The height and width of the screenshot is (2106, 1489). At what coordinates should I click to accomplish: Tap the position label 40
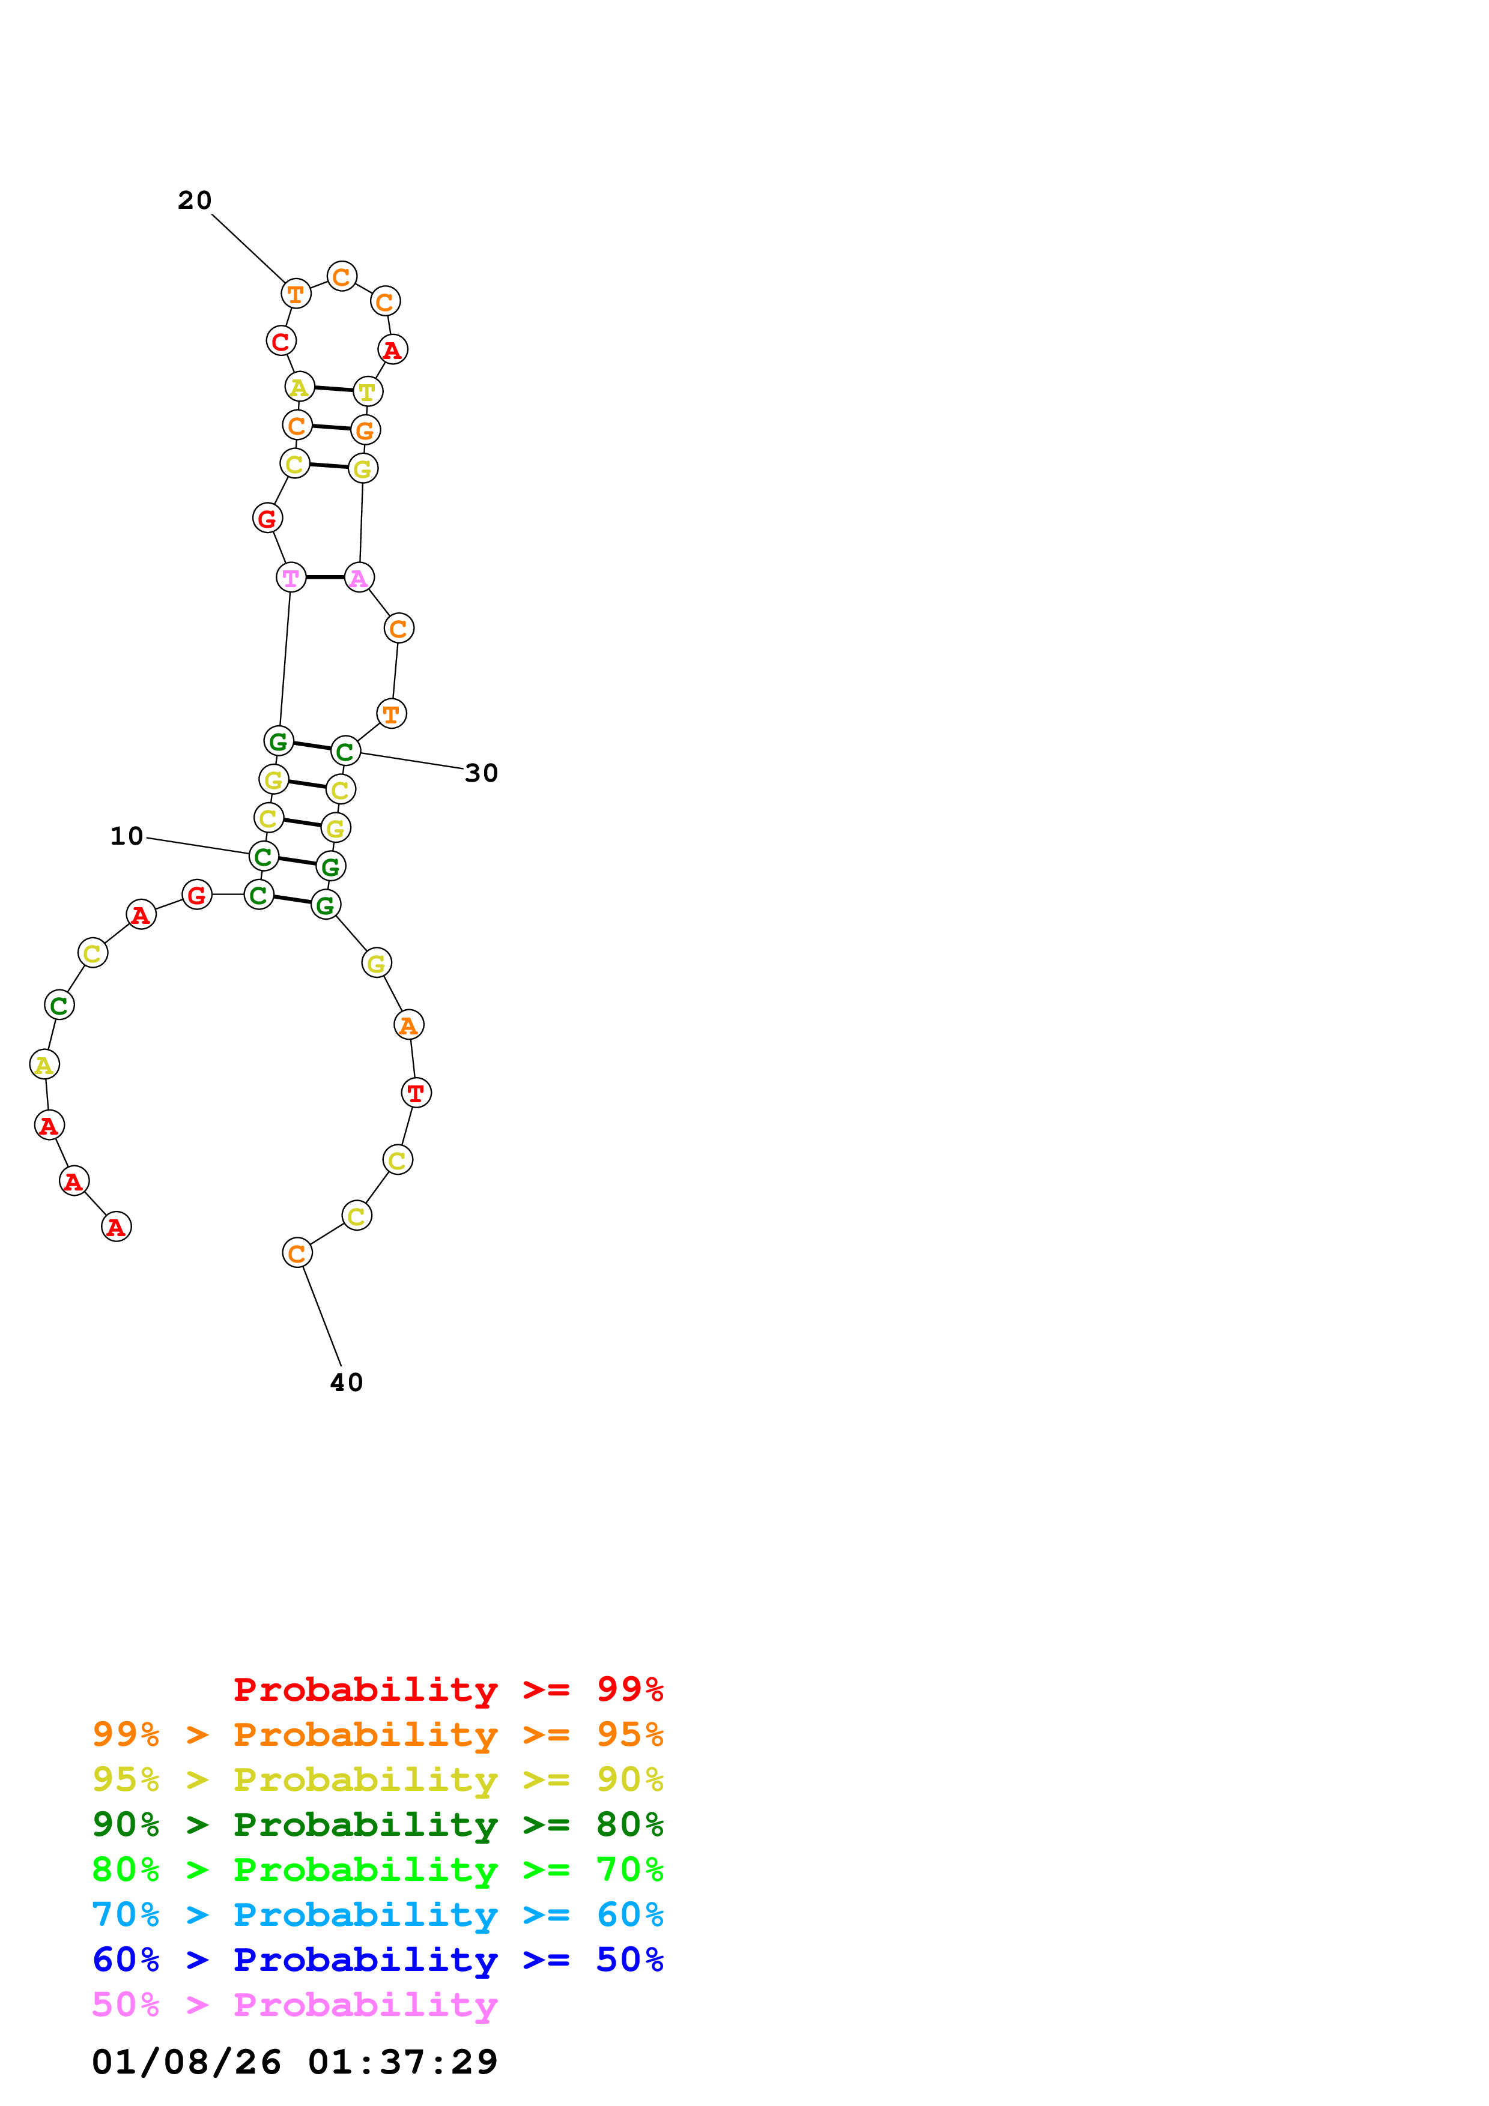[346, 1383]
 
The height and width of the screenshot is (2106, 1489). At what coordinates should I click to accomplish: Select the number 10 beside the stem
[127, 836]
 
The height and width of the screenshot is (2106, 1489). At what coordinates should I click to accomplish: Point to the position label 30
[481, 773]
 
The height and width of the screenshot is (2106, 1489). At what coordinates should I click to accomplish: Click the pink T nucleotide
[291, 578]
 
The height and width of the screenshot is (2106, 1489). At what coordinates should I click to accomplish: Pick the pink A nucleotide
[359, 578]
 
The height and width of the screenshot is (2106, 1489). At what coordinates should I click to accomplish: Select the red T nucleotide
[416, 1093]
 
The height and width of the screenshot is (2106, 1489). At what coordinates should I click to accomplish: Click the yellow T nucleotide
[367, 391]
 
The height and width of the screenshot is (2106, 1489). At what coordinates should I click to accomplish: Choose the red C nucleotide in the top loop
[281, 341]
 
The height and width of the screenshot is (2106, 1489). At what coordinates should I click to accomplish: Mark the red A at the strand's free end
[115, 1226]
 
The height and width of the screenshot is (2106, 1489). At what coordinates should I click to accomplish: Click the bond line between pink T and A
[325, 578]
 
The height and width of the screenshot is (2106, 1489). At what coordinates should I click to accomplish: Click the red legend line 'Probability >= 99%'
[447, 1689]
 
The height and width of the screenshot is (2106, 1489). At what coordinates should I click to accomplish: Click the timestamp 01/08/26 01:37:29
[294, 2062]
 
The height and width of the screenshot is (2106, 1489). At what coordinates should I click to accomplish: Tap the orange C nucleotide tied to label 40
[296, 1253]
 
